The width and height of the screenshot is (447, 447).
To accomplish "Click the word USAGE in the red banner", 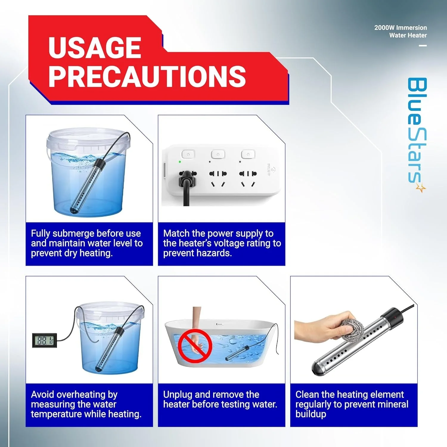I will [94, 48].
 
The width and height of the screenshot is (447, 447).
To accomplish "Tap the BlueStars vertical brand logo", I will [417, 131].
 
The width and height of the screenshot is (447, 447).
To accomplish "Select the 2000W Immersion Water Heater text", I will [401, 31].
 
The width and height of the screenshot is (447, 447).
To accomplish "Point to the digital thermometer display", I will [44, 340].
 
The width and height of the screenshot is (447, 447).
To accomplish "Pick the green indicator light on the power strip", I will [180, 162].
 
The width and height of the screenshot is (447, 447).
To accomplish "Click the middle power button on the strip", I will [218, 154].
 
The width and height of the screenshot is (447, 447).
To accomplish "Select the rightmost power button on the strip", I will [248, 154].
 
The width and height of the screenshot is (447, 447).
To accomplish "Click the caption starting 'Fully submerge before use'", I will [87, 243].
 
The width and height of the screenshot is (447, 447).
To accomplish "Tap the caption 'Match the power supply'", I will [222, 243].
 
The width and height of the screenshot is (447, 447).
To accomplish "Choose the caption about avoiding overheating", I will [86, 404].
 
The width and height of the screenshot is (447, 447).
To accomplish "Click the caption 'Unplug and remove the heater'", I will [220, 399].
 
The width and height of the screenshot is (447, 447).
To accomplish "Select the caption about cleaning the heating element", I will [352, 404].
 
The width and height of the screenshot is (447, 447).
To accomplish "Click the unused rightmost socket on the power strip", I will [248, 178].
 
